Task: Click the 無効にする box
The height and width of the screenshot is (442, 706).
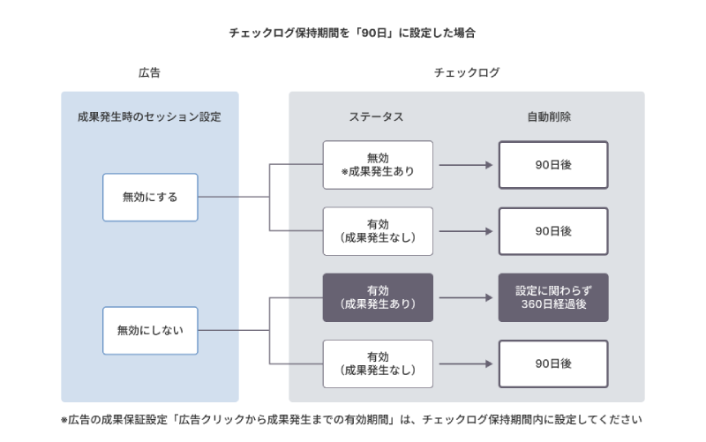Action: tap(150, 197)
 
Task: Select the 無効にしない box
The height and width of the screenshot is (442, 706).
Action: tap(150, 330)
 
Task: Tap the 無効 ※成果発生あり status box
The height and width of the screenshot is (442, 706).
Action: tap(378, 165)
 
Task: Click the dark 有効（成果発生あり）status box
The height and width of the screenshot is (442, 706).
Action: tap(378, 297)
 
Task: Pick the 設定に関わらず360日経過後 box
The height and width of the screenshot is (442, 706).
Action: tap(553, 297)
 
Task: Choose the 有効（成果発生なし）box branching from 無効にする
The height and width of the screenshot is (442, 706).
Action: tap(378, 231)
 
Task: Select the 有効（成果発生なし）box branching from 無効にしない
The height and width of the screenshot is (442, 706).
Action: tap(378, 363)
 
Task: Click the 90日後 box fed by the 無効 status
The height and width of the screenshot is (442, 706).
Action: tap(553, 165)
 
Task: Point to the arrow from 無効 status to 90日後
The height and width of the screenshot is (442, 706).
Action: tap(465, 165)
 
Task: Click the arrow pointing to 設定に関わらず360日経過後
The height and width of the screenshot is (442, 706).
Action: tap(465, 297)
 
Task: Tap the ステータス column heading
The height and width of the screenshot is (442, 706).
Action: tap(378, 117)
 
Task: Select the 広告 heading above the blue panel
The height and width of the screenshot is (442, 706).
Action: tap(149, 73)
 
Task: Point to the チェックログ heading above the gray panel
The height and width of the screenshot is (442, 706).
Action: tap(467, 73)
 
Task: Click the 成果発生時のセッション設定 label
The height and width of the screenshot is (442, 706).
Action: tap(149, 117)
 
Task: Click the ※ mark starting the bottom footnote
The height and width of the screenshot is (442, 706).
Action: tap(64, 420)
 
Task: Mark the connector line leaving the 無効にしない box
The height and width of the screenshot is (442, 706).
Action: tap(233, 330)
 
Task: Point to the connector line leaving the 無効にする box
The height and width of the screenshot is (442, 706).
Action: tap(233, 197)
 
